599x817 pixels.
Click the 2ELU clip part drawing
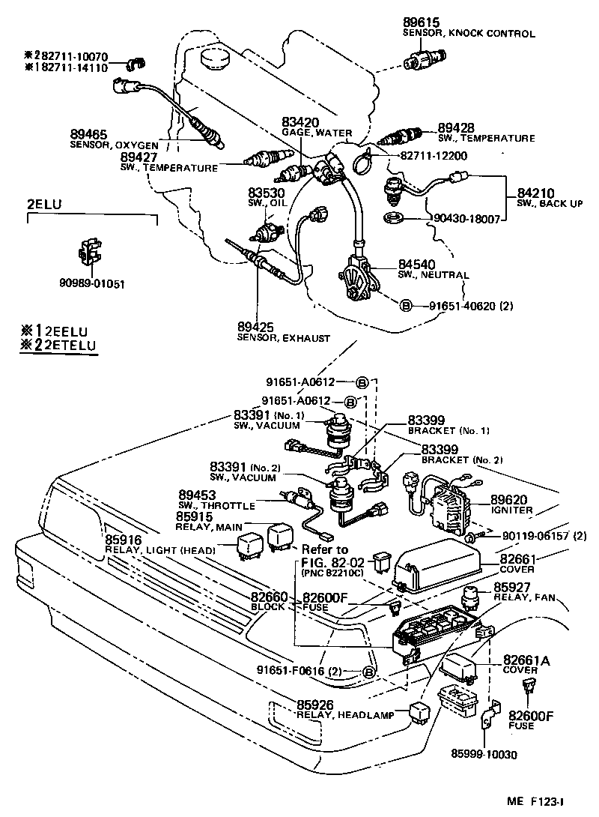89,253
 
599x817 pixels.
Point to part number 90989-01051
92,283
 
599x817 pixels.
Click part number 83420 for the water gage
300,121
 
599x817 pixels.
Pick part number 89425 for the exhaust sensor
255,328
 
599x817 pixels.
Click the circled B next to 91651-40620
405,306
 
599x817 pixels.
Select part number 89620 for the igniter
509,499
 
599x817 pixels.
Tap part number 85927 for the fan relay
511,587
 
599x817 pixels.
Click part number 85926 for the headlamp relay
315,705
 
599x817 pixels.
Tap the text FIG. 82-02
332,562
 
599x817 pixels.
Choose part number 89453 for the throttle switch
196,495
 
